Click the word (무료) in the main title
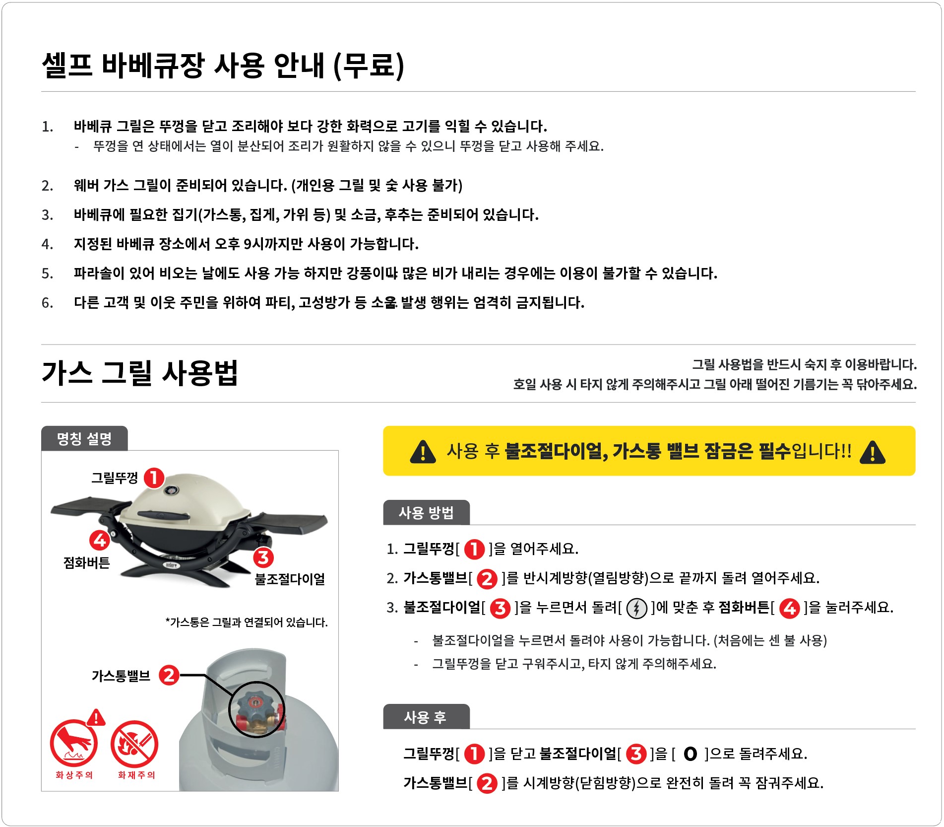click(x=369, y=66)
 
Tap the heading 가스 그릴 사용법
click(x=140, y=373)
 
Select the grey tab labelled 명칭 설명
click(x=84, y=438)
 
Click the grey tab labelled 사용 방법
click(x=426, y=512)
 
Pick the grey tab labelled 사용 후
click(x=426, y=716)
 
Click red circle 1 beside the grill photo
click(x=154, y=478)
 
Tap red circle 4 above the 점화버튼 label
click(x=100, y=540)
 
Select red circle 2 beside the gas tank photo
click(x=169, y=675)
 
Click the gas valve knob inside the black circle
click(x=255, y=706)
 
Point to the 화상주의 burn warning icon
click(x=73, y=743)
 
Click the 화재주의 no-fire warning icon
click(x=134, y=744)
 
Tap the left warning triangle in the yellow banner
click(x=423, y=451)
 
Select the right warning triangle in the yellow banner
click(x=873, y=452)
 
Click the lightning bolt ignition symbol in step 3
click(x=637, y=608)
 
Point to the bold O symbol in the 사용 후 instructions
click(x=690, y=754)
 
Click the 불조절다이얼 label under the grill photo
click(x=290, y=579)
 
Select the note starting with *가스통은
click(x=247, y=622)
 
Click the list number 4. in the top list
click(x=48, y=244)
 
